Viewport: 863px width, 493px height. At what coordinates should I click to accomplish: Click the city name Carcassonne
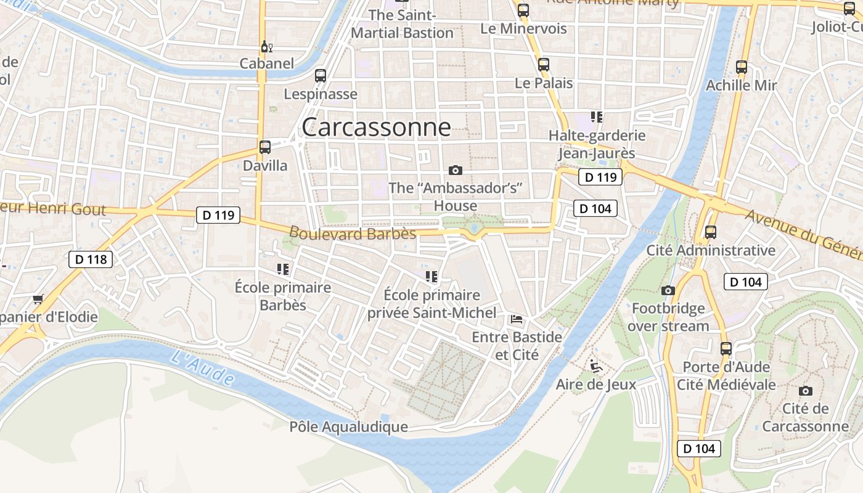(x=376, y=128)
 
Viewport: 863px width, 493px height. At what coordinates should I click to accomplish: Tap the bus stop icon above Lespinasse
(x=320, y=76)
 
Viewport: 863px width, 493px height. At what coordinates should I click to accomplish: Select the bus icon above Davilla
(x=265, y=147)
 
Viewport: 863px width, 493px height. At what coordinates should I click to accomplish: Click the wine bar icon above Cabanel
(x=267, y=47)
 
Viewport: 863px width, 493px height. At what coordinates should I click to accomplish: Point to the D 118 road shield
(x=91, y=259)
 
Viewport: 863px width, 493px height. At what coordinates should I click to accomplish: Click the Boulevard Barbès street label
(x=353, y=234)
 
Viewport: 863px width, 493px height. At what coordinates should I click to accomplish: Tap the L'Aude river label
(x=203, y=368)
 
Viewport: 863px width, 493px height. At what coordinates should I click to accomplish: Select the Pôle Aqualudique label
(x=348, y=427)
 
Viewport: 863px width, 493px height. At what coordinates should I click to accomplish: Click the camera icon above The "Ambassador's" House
(x=456, y=170)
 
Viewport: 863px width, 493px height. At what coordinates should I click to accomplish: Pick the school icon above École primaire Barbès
(x=283, y=269)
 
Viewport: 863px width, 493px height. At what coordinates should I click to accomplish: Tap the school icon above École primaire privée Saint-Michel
(x=431, y=277)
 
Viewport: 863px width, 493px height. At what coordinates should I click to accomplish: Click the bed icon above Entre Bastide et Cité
(x=517, y=319)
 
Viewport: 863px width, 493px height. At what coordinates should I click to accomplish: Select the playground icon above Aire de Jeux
(x=595, y=366)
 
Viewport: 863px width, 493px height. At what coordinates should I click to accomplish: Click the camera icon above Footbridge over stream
(x=668, y=290)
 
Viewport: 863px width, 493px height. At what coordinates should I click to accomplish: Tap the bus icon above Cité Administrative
(x=710, y=232)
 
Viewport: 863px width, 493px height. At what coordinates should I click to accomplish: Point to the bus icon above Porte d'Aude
(x=726, y=348)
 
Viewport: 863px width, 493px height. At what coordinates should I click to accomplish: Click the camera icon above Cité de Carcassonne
(x=805, y=391)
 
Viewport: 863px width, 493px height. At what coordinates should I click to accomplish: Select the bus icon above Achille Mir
(x=742, y=67)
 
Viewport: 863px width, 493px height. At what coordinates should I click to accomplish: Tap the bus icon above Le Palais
(x=543, y=65)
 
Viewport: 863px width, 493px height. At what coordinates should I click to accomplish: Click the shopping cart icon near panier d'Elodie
(x=38, y=299)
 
